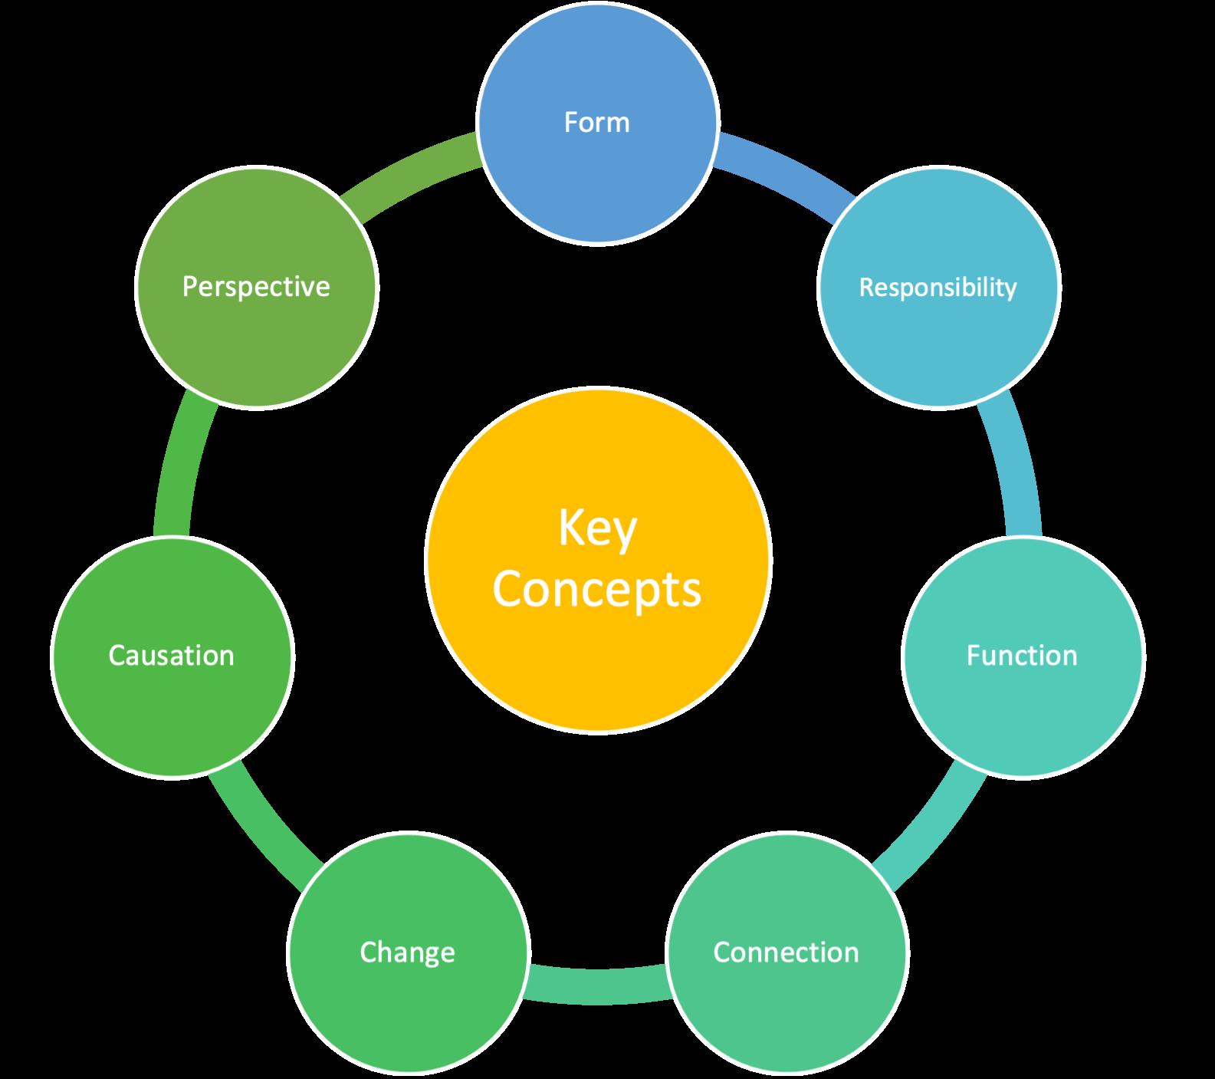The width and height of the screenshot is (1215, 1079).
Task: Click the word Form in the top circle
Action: (x=596, y=123)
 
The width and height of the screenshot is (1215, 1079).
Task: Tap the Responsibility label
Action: (x=938, y=288)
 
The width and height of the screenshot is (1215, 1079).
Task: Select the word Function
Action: (x=1022, y=656)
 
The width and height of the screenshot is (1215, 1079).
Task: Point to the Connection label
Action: (x=786, y=952)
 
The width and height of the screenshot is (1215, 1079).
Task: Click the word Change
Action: (x=407, y=952)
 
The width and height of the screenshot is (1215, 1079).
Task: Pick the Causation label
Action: (x=171, y=656)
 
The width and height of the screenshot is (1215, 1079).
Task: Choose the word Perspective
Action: (x=256, y=287)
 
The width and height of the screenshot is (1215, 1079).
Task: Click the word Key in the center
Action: (x=597, y=529)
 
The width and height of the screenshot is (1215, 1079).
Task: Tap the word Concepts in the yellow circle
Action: (x=597, y=589)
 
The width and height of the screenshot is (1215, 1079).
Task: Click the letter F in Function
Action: (x=973, y=656)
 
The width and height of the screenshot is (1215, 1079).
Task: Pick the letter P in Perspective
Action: (x=189, y=287)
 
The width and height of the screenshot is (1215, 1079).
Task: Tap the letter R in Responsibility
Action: (x=865, y=288)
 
